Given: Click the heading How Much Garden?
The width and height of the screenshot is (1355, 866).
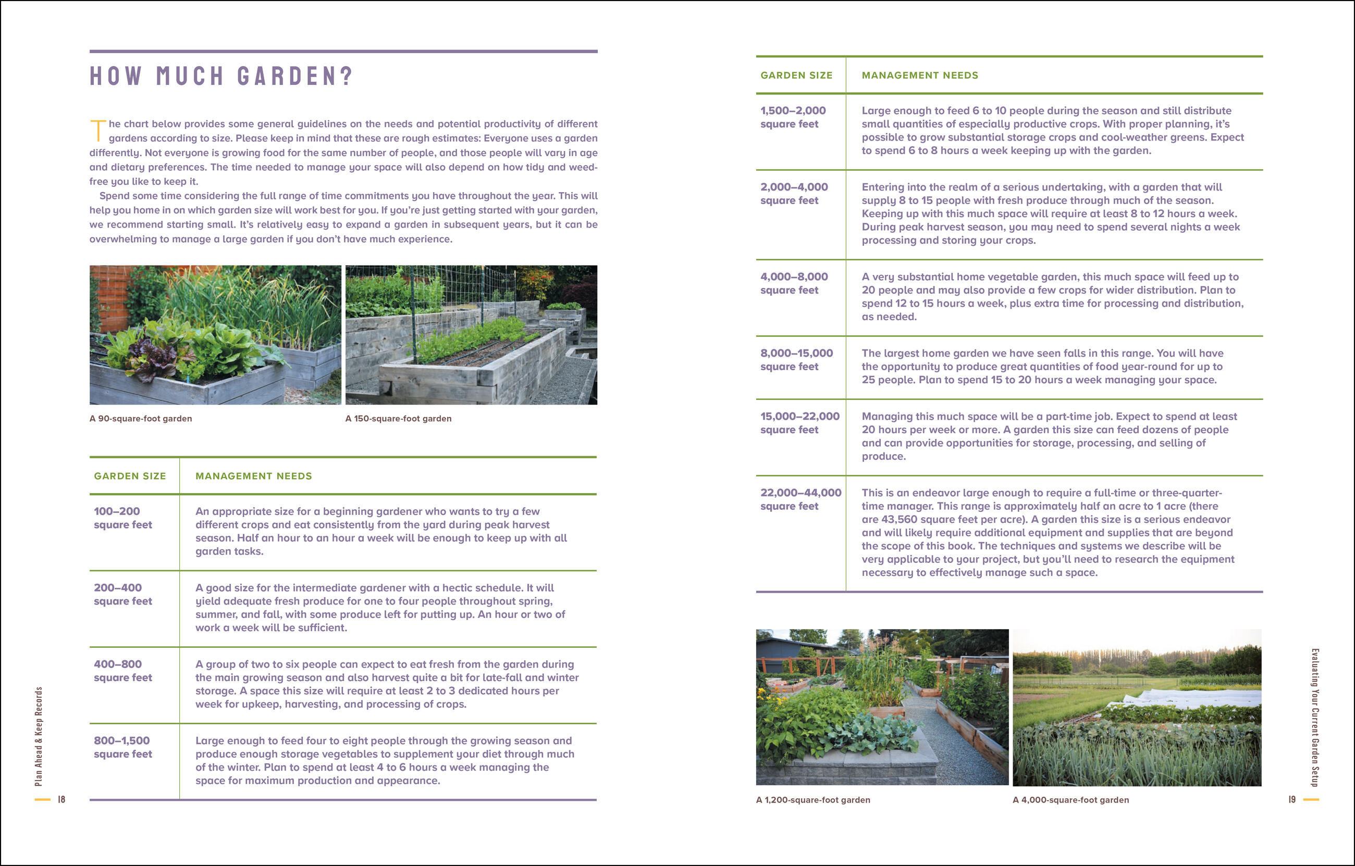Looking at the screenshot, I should [220, 76].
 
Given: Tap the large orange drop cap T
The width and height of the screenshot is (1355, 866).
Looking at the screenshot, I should [98, 131].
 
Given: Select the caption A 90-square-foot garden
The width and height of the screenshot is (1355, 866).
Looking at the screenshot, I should [141, 418].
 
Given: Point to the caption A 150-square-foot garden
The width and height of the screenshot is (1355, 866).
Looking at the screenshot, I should [398, 418].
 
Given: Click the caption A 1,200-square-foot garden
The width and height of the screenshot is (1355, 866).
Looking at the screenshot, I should [812, 800].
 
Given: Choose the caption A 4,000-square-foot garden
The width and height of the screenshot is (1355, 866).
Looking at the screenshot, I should [1070, 800].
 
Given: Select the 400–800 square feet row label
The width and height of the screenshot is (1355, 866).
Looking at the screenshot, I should [122, 671].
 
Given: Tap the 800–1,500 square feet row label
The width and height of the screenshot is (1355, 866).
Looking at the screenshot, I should [122, 747].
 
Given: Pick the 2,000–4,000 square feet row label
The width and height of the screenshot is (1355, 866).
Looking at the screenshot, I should [793, 193].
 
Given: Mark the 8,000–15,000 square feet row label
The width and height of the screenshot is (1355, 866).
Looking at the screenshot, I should [796, 360].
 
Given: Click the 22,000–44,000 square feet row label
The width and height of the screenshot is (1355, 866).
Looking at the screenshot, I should [800, 499].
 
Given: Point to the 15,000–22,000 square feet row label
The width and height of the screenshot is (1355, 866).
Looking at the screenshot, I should [799, 423].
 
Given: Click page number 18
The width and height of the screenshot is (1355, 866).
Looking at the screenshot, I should [61, 799].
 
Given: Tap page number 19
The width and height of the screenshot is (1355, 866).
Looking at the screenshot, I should [1292, 799].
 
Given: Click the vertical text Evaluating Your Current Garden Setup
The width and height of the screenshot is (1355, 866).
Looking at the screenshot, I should [1315, 717].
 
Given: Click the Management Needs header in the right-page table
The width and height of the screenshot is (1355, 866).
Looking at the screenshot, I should [919, 76].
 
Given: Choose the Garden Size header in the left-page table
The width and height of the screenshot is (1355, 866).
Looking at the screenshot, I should [130, 476].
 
